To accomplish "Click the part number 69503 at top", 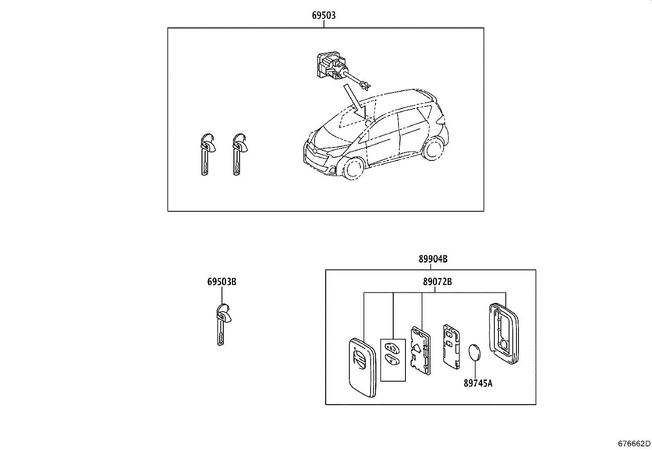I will click(x=324, y=16).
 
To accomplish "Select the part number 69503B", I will click(x=222, y=282).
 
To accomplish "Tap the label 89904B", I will click(x=432, y=259).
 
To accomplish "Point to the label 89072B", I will click(x=437, y=282).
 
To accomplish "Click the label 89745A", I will click(x=478, y=383).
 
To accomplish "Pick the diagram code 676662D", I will click(x=634, y=443).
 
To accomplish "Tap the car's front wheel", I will click(x=353, y=168).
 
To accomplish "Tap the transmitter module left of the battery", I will click(x=451, y=343).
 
